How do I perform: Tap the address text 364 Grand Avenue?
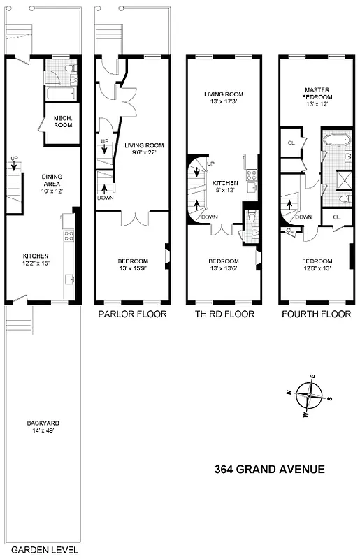tap(270, 469)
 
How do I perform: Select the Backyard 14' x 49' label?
tap(43, 427)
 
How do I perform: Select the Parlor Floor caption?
tap(132, 314)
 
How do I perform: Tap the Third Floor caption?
tap(224, 314)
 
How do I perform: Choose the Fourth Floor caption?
tap(316, 314)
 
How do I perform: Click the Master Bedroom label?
tap(317, 94)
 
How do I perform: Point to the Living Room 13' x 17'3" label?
tap(224, 98)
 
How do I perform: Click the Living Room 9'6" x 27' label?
tap(144, 150)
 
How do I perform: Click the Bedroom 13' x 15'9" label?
tap(132, 266)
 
